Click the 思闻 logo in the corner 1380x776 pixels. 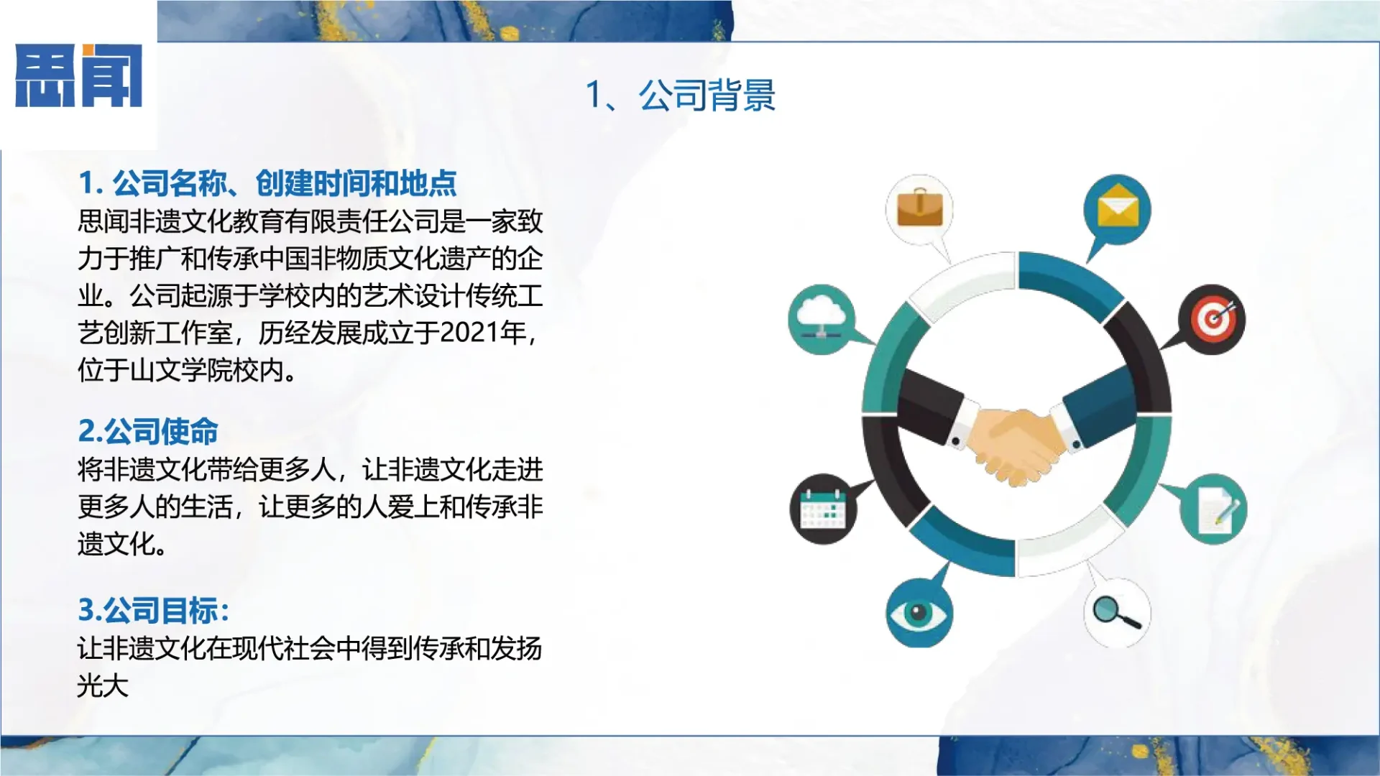tap(78, 75)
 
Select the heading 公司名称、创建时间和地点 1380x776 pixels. tap(267, 183)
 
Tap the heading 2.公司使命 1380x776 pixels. tap(148, 431)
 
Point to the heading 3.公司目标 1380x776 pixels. tap(153, 611)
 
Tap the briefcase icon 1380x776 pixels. tap(919, 208)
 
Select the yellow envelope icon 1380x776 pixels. tap(1118, 209)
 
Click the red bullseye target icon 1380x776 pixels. tap(1213, 319)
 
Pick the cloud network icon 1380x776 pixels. tap(821, 318)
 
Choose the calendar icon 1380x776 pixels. tap(823, 508)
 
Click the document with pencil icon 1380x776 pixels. tap(1213, 509)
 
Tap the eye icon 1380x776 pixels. tap(919, 613)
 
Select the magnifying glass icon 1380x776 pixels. tap(1116, 612)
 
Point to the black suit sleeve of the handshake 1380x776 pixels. tap(931, 406)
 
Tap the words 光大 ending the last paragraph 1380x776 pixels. tap(103, 685)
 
